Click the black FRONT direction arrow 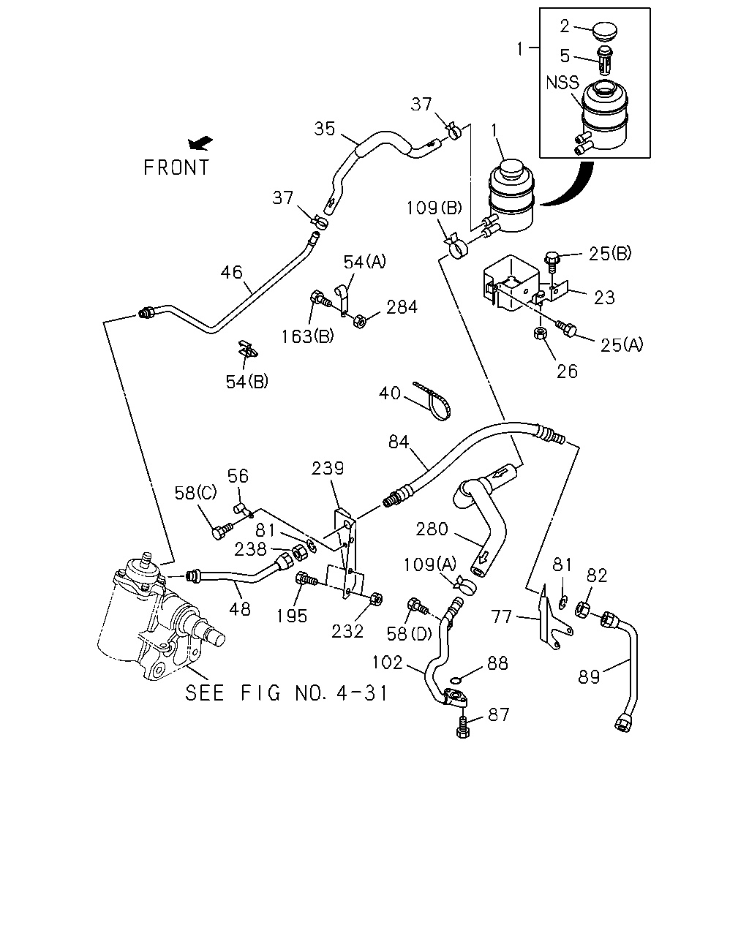(200, 143)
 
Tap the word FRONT (177, 167)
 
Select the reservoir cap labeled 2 (606, 32)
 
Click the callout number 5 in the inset (565, 56)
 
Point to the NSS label (562, 82)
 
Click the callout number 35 (325, 129)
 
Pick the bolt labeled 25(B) (552, 260)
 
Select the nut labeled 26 (540, 333)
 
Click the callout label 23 (604, 298)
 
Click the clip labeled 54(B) (247, 348)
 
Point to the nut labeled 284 (360, 321)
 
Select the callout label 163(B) (307, 336)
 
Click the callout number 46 (231, 272)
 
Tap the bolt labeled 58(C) (222, 530)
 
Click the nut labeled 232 (377, 600)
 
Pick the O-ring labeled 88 (455, 680)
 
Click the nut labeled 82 (582, 609)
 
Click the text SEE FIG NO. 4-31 (286, 693)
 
